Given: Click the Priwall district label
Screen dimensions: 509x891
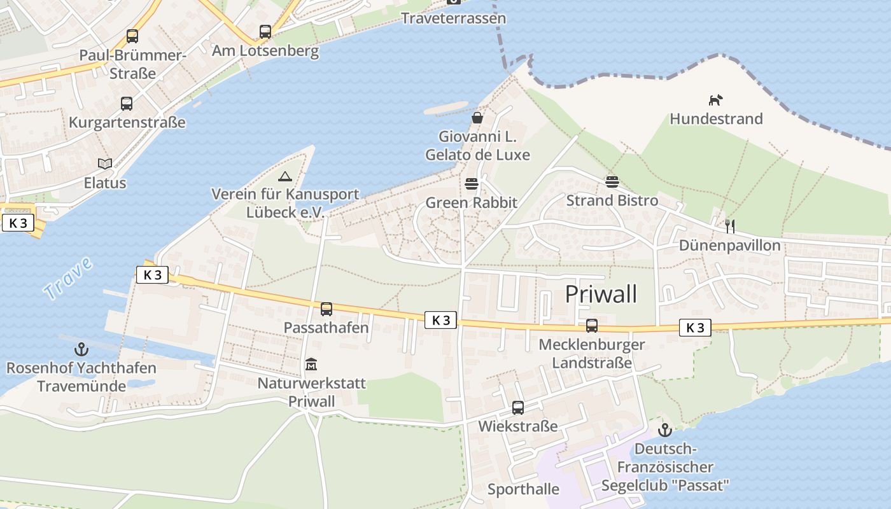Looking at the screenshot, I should [x=601, y=295].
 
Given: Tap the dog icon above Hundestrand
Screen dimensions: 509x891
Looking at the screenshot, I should [x=716, y=100].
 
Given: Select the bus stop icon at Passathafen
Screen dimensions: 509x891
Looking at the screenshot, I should [x=326, y=309].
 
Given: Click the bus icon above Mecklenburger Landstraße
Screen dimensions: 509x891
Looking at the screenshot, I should [x=592, y=326].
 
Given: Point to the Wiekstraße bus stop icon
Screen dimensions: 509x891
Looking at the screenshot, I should [x=518, y=407].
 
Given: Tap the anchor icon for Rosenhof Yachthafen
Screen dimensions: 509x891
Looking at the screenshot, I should [x=81, y=349].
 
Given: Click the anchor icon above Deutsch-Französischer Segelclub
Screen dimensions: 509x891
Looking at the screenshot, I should [x=665, y=430].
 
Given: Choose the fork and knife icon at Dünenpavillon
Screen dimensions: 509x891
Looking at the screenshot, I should [x=730, y=226].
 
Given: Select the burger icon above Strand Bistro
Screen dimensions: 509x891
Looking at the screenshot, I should [x=612, y=182].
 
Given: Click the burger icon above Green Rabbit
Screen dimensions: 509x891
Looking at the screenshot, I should [x=472, y=185].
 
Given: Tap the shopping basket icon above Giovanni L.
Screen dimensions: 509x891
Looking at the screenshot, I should [x=477, y=118].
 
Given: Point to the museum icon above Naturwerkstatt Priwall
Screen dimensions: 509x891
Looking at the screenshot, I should [x=311, y=365].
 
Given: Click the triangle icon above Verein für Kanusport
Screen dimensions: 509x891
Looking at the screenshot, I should [x=284, y=176].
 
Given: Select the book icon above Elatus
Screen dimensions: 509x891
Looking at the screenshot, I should [x=105, y=164].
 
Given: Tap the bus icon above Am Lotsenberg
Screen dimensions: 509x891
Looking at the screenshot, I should [x=265, y=31].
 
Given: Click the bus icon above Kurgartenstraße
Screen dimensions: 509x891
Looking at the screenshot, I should [x=127, y=103].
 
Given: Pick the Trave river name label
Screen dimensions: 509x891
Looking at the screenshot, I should [x=68, y=277].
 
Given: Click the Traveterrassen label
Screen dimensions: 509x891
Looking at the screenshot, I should [x=453, y=18].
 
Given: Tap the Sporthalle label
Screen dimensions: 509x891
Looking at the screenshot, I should [x=523, y=489].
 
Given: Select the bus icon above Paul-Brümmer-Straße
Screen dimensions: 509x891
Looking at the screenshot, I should [x=132, y=36].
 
